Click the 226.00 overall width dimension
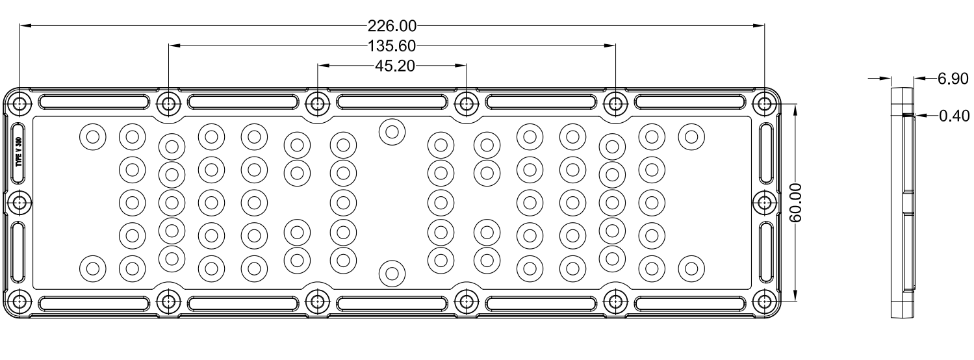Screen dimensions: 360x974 point(391,26)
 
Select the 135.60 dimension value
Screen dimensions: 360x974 point(391,46)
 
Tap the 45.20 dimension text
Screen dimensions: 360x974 point(392,66)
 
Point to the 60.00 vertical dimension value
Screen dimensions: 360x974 point(797,203)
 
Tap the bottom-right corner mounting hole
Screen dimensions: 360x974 point(763,302)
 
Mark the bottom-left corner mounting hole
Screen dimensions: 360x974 point(20,302)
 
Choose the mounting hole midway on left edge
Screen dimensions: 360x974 point(20,203)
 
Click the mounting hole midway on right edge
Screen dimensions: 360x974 point(763,203)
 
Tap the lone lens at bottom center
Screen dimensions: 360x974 point(392,273)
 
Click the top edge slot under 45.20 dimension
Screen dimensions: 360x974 point(392,103)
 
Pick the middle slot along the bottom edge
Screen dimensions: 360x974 point(392,302)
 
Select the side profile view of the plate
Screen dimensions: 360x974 point(901,203)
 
